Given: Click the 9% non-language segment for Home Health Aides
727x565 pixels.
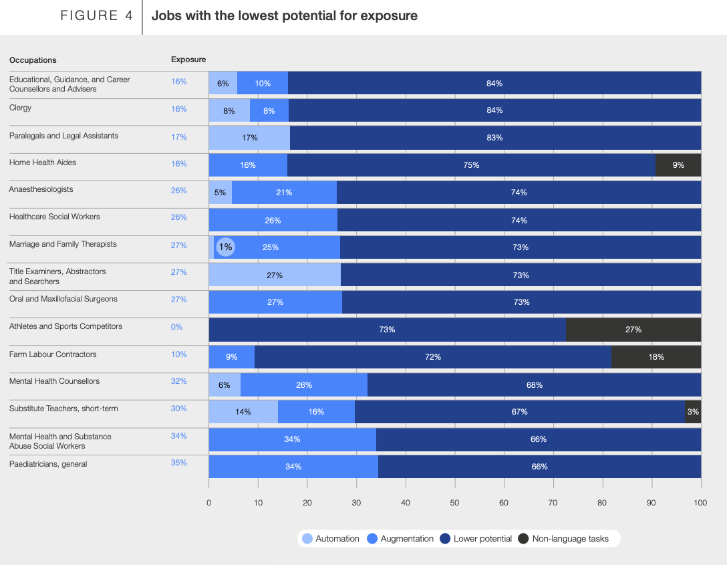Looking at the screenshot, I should pyautogui.click(x=678, y=165).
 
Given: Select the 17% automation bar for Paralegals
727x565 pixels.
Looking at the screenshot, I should pyautogui.click(x=249, y=138).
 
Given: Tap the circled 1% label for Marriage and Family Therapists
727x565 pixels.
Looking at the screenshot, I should pyautogui.click(x=226, y=247).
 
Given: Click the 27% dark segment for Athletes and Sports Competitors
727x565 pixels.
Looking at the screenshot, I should pyautogui.click(x=633, y=330).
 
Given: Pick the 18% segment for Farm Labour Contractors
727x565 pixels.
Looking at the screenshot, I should pyautogui.click(x=656, y=357).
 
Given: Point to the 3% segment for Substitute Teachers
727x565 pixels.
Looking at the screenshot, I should pyautogui.click(x=693, y=412).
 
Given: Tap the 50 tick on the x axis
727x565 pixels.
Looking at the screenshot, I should pyautogui.click(x=454, y=503).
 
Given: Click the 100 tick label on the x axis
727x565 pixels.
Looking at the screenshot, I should pyautogui.click(x=700, y=503).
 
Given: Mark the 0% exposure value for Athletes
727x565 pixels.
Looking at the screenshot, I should pyautogui.click(x=176, y=327).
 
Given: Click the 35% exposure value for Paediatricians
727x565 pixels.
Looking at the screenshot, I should pyautogui.click(x=178, y=463).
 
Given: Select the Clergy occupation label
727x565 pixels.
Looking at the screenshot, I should pyautogui.click(x=20, y=108).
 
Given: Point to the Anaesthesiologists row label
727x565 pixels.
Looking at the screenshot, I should pyautogui.click(x=41, y=189).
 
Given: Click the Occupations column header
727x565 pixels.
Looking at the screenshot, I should pyautogui.click(x=33, y=60).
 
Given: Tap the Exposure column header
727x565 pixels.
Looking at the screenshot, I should pyautogui.click(x=188, y=60).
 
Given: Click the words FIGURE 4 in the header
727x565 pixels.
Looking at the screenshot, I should pyautogui.click(x=97, y=16).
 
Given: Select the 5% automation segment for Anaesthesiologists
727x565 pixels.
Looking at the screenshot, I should pyautogui.click(x=221, y=193).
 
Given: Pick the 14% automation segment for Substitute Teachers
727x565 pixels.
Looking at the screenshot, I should pyautogui.click(x=243, y=412).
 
